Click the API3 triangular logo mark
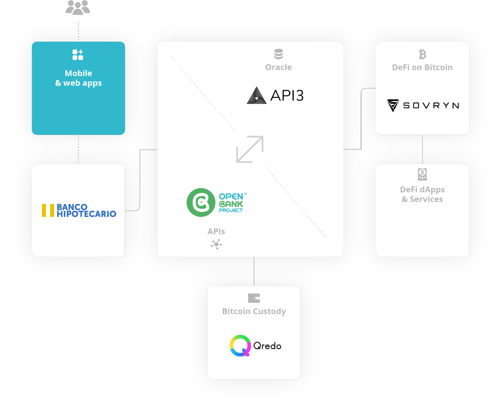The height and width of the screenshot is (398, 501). click(x=257, y=96)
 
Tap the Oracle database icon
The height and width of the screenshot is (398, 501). click(x=278, y=54)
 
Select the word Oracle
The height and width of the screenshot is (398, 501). click(x=278, y=67)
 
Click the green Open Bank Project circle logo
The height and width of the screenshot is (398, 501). click(x=201, y=202)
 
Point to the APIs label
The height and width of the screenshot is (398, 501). click(x=216, y=232)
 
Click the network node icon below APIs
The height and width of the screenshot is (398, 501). click(x=216, y=245)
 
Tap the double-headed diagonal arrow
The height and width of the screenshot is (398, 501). click(x=250, y=149)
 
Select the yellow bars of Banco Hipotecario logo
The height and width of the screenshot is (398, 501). click(x=48, y=211)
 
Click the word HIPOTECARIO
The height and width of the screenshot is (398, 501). click(x=87, y=214)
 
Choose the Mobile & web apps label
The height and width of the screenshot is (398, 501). click(x=78, y=78)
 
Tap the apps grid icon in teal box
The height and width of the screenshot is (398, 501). click(x=78, y=55)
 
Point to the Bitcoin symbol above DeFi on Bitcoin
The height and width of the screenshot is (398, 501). click(x=422, y=54)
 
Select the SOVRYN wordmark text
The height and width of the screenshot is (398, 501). click(x=431, y=105)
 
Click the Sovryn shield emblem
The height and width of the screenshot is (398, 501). click(x=393, y=105)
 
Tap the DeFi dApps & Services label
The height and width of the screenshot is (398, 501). click(x=422, y=194)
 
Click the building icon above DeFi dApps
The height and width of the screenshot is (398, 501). click(x=422, y=174)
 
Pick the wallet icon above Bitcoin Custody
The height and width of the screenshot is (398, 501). click(x=254, y=298)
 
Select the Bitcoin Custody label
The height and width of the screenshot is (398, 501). click(x=254, y=311)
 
